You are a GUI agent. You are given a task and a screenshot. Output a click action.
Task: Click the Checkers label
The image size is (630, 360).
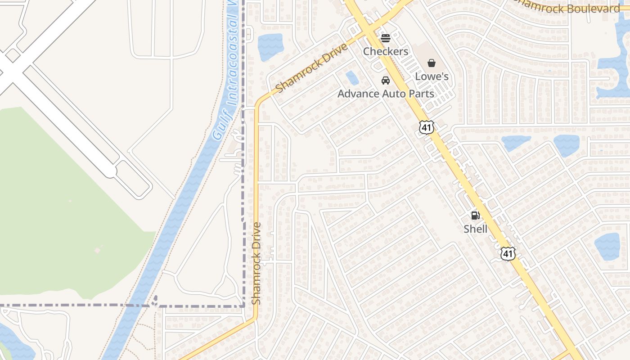click(x=386, y=51)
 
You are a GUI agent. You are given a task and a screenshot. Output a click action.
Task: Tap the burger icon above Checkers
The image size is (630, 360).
click(x=386, y=38)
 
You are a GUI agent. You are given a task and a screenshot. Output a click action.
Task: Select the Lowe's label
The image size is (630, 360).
click(x=432, y=76)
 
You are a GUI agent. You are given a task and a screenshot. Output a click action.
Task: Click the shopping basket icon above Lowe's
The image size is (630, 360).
click(x=432, y=63)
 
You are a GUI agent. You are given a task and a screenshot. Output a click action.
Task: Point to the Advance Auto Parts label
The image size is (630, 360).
click(x=386, y=94)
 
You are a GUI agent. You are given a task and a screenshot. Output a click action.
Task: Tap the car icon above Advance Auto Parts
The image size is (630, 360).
click(x=386, y=81)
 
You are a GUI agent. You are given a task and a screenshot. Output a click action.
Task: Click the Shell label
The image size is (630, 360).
click(x=476, y=229)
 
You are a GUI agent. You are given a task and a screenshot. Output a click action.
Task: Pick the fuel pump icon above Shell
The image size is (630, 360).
click(x=476, y=216)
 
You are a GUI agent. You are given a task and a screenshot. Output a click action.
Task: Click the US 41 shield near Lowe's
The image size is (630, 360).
click(x=427, y=127)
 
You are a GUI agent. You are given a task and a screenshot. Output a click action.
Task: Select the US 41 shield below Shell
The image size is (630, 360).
click(x=508, y=253)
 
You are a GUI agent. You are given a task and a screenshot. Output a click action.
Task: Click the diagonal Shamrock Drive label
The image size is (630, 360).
click(x=312, y=68)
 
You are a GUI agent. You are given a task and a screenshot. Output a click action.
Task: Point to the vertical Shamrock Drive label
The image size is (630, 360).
click(x=256, y=263)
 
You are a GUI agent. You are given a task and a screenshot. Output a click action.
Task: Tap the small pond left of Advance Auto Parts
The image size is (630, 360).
click(x=352, y=78)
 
